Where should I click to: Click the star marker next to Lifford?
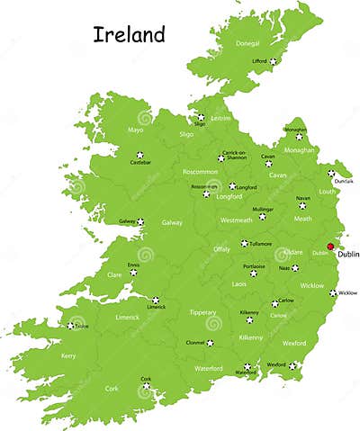pyautogui.click(x=274, y=61)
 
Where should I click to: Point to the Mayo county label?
pyautogui.click(x=136, y=130)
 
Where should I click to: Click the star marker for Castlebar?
pyautogui.click(x=139, y=155)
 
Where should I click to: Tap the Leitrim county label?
pyautogui.click(x=220, y=118)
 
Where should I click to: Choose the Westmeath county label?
pyautogui.click(x=236, y=220)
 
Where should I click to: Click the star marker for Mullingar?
pyautogui.click(x=262, y=216)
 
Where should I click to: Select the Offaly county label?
pyautogui.click(x=221, y=249)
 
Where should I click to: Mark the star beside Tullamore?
pyautogui.click(x=244, y=243)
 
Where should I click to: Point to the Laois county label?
pyautogui.click(x=239, y=283)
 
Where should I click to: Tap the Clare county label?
pyautogui.click(x=115, y=274)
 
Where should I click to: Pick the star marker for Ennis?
pyautogui.click(x=134, y=271)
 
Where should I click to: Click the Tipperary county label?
pyautogui.click(x=202, y=312)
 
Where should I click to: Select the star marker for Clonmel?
pyautogui.click(x=210, y=343)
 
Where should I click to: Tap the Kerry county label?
pyautogui.click(x=68, y=356)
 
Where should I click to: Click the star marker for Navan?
pyautogui.click(x=302, y=205)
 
